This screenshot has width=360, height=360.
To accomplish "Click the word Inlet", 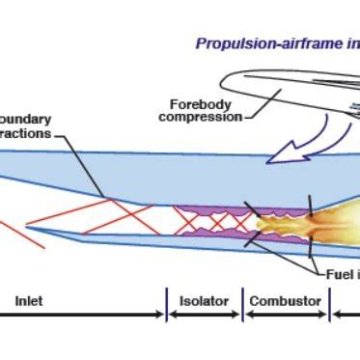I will (x=29, y=301).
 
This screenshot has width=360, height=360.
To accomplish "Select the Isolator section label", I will (x=205, y=301).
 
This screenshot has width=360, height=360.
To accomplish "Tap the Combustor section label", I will (x=285, y=301).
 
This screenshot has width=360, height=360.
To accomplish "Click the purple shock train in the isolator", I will (x=208, y=223).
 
